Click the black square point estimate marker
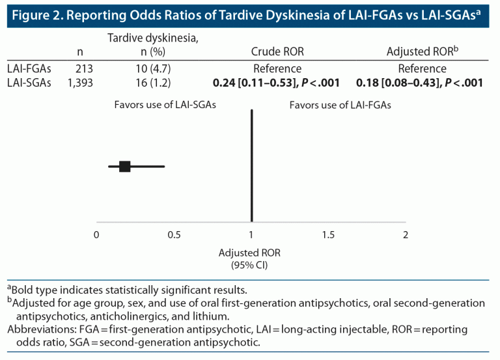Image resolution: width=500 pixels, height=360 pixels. tap(125, 167)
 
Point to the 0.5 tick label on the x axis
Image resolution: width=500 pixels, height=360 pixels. tap(174, 235)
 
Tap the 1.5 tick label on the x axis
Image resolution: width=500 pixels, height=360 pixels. tap(328, 235)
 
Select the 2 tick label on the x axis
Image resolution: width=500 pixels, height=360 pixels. tap(406, 235)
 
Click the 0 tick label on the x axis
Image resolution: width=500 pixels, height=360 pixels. tap(96, 235)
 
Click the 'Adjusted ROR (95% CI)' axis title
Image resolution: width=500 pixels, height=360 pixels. tap(251, 258)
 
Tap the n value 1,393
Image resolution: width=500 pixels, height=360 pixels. tap(81, 82)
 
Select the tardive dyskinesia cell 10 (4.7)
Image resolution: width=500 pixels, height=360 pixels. tap(153, 68)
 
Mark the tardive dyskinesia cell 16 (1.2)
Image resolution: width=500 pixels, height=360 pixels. tap(153, 82)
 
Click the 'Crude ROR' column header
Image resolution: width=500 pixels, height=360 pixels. tap(277, 51)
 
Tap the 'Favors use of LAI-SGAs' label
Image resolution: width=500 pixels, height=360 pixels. tap(165, 105)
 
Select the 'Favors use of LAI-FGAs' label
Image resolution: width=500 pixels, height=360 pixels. tap(340, 105)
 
